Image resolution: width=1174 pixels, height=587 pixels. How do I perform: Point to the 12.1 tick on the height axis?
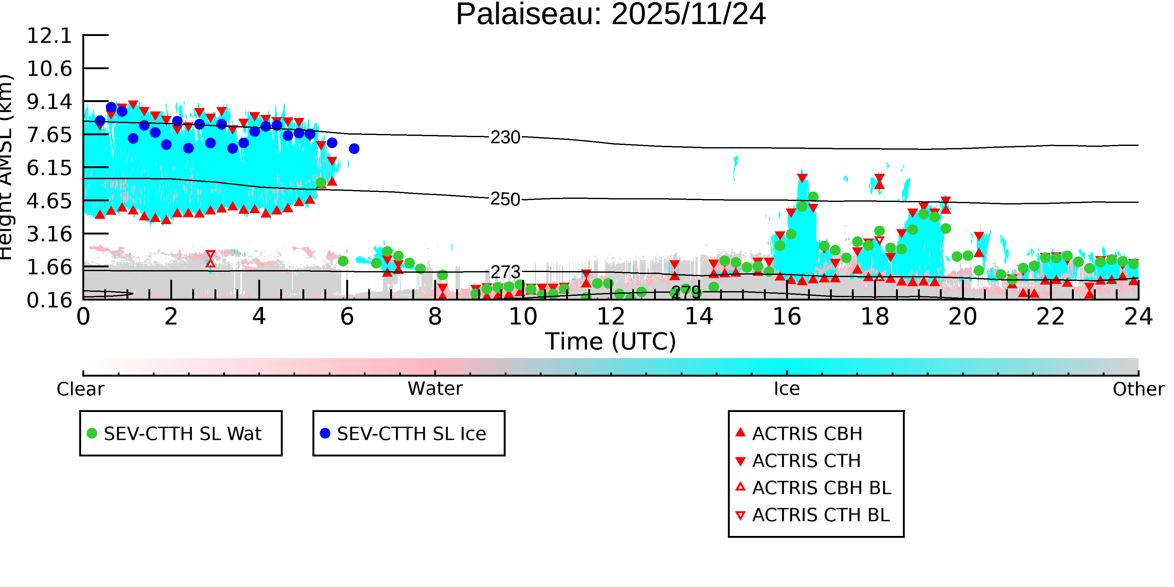(49, 36)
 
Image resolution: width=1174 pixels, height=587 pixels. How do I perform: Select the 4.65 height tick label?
(49, 201)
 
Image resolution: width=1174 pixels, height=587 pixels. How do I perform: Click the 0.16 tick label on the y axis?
(49, 300)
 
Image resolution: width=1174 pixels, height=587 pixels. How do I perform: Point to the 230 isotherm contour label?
(505, 137)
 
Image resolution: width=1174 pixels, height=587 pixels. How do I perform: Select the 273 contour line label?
(505, 272)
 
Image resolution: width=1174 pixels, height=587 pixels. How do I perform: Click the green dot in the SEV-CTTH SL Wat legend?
(92, 433)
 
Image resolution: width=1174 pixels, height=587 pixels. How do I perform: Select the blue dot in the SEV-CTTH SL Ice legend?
(325, 433)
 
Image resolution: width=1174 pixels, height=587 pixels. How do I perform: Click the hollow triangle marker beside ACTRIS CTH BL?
(741, 515)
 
